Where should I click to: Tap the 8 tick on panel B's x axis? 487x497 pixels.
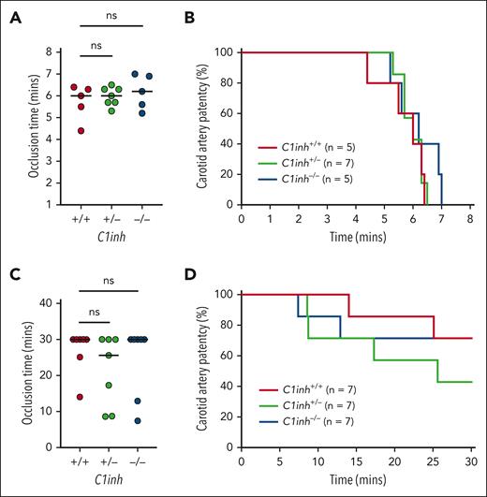[469, 217]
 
